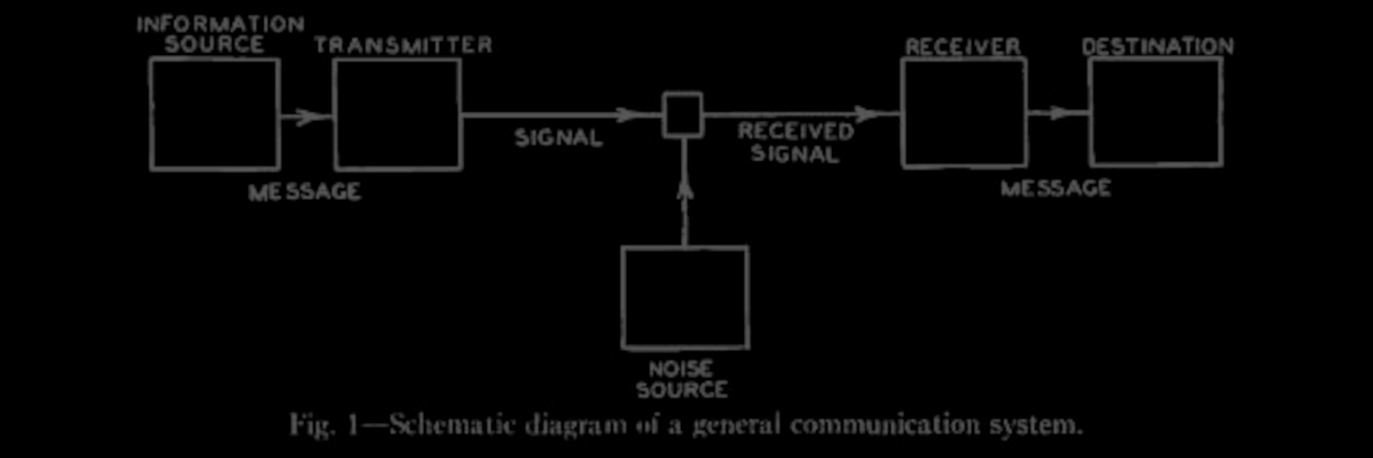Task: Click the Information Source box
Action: [x=215, y=114]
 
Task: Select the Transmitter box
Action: [x=397, y=114]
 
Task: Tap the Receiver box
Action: [x=964, y=113]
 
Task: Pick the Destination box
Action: [x=1155, y=112]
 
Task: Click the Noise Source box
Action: [x=685, y=297]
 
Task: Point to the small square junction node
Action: [x=683, y=115]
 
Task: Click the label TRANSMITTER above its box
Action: [x=404, y=45]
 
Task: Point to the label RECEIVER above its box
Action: [x=962, y=46]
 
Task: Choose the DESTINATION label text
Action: [x=1157, y=46]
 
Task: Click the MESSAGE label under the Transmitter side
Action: [x=305, y=192]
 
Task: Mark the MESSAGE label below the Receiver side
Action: [x=1055, y=189]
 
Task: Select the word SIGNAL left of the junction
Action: [x=558, y=138]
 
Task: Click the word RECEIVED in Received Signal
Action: [x=795, y=132]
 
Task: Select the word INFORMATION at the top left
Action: [x=221, y=25]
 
